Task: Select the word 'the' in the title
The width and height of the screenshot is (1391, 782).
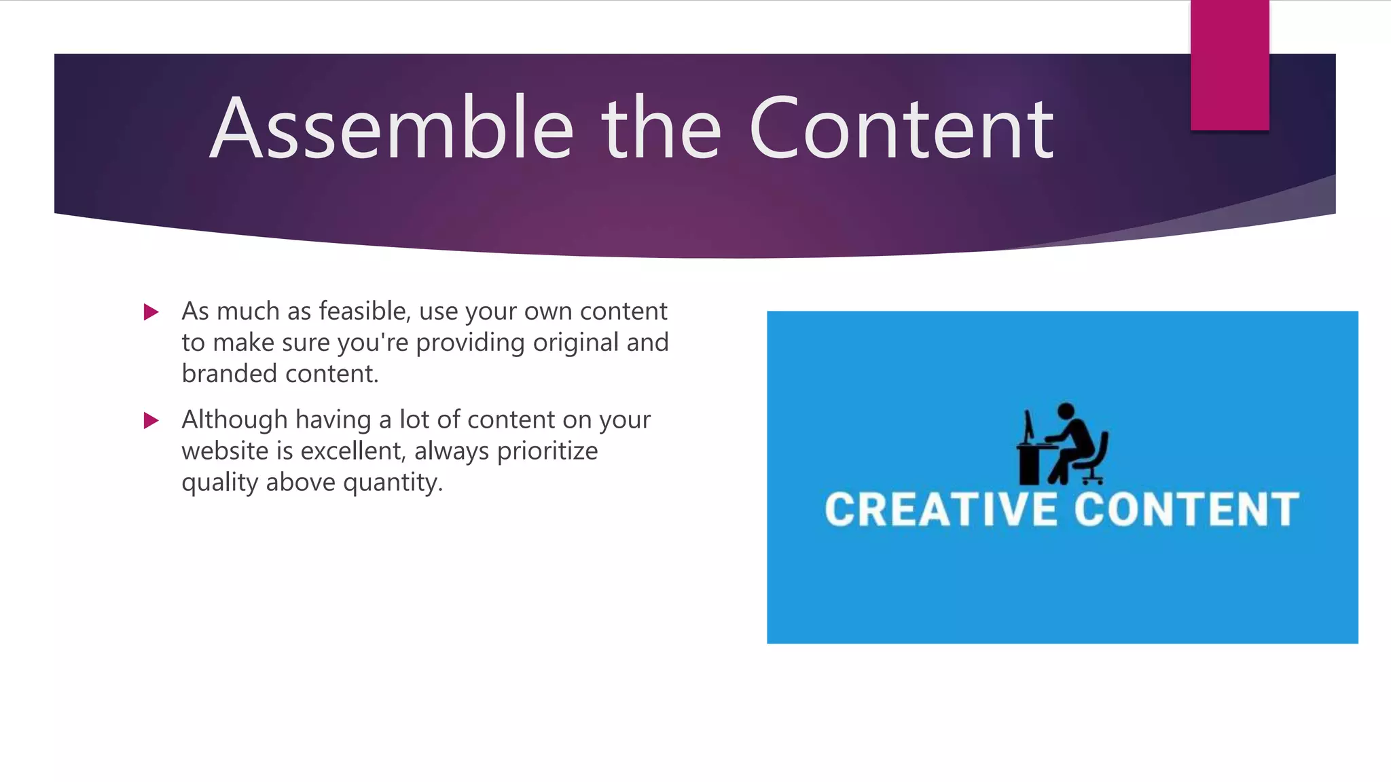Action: coord(660,129)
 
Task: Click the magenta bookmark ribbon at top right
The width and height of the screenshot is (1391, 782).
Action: coord(1229,65)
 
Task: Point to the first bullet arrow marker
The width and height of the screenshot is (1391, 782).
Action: coord(151,312)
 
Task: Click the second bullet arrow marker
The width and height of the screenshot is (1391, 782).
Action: coord(151,421)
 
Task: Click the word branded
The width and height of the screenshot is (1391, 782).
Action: coord(229,373)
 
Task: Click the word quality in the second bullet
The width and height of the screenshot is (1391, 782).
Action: coord(219,483)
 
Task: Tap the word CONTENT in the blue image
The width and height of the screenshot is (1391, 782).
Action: coord(1186,510)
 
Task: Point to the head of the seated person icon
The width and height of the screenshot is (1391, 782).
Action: coord(1066,411)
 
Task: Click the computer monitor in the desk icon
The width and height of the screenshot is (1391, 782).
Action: coord(1029,426)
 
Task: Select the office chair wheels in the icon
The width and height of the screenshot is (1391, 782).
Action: coord(1091,480)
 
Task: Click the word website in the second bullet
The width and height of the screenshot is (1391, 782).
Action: coord(225,451)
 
